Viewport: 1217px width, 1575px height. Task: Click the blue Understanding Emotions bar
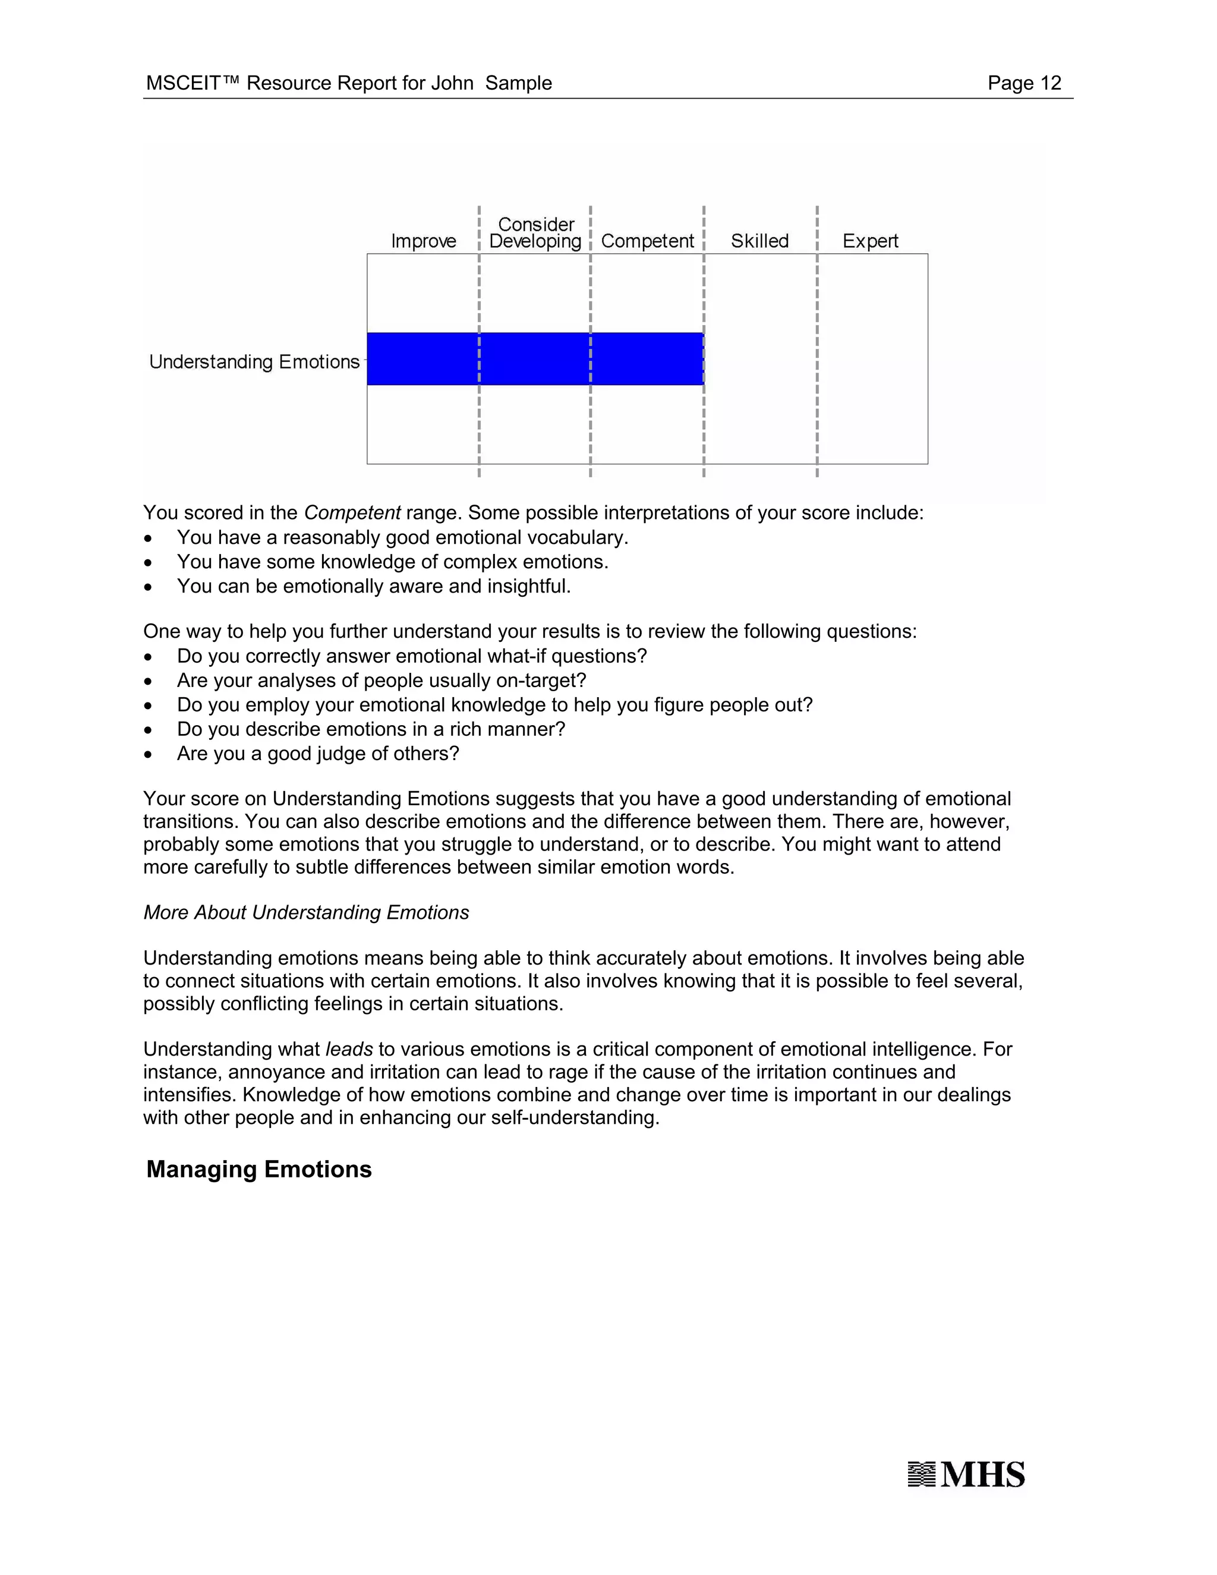coord(535,358)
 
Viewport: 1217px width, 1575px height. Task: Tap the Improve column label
coord(423,241)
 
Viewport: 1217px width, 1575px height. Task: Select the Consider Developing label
coord(535,233)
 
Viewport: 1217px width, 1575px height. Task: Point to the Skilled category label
coord(759,241)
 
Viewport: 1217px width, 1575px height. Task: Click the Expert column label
coord(870,241)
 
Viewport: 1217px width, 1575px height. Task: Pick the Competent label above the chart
coord(647,241)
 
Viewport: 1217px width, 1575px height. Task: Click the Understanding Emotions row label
coord(254,361)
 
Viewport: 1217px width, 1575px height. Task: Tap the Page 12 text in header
coord(1024,83)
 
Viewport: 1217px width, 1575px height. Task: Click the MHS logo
coord(966,1475)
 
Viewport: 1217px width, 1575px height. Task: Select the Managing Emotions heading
coord(259,1169)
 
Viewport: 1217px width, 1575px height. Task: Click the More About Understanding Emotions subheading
coord(305,912)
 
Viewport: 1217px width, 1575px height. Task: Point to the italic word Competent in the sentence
coord(352,513)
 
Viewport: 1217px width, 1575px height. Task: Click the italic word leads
coord(349,1049)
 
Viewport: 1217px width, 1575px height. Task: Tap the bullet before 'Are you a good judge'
coord(148,754)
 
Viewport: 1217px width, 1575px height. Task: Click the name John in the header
coord(452,83)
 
